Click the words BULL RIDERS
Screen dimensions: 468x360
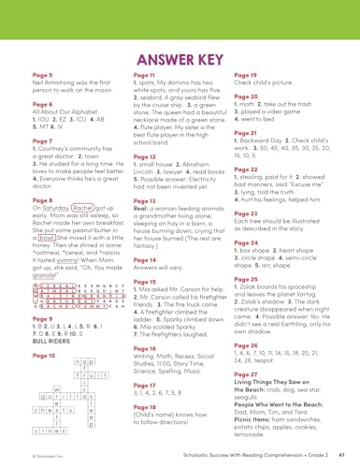click(53, 344)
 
